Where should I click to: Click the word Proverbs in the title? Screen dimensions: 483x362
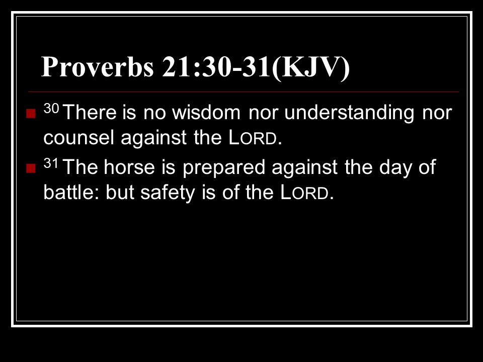pos(97,67)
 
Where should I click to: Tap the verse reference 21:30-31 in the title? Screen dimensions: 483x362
pos(216,67)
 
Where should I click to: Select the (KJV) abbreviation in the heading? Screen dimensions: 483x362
pos(310,68)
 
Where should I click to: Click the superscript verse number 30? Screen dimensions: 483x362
pos(51,108)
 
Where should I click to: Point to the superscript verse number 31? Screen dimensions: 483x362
pos(51,163)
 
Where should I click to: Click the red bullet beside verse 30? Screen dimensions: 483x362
pos(31,114)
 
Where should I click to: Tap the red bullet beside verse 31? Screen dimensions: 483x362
pos(31,168)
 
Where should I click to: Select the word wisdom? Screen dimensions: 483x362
pos(206,112)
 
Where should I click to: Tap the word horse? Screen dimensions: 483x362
pos(129,167)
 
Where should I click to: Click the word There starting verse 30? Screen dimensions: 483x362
pos(90,112)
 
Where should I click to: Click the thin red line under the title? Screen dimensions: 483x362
pos(244,92)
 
